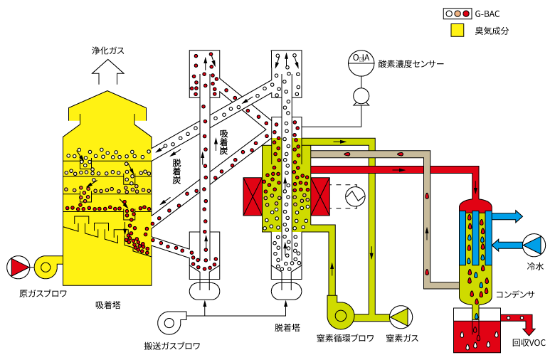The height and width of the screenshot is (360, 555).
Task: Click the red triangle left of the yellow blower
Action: [19, 268]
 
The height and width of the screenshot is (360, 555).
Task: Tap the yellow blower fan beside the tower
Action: [46, 268]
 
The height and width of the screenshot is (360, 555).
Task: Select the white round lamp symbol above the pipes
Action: [361, 96]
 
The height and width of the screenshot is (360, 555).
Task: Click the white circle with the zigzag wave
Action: [355, 196]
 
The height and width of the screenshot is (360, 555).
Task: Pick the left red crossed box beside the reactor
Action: [253, 196]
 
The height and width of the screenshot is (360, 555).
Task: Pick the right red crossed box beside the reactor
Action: [320, 196]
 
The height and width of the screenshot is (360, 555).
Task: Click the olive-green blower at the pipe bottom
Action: [340, 315]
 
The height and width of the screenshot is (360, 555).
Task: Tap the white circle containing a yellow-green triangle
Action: [401, 317]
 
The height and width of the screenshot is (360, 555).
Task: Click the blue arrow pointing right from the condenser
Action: [507, 216]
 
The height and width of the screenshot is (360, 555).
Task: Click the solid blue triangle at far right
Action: [533, 245]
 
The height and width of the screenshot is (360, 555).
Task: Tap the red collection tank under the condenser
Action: [477, 337]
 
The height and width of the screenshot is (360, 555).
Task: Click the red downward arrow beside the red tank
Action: [528, 328]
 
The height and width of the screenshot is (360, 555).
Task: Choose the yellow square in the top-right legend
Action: [458, 30]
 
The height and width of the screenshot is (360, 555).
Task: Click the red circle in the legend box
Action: [466, 14]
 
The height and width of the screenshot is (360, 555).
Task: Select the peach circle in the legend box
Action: [458, 14]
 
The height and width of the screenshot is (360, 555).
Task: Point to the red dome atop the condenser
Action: [475, 205]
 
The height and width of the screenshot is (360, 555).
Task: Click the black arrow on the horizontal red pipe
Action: [399, 170]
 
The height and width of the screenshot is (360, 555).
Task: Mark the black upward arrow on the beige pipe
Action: [427, 232]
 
